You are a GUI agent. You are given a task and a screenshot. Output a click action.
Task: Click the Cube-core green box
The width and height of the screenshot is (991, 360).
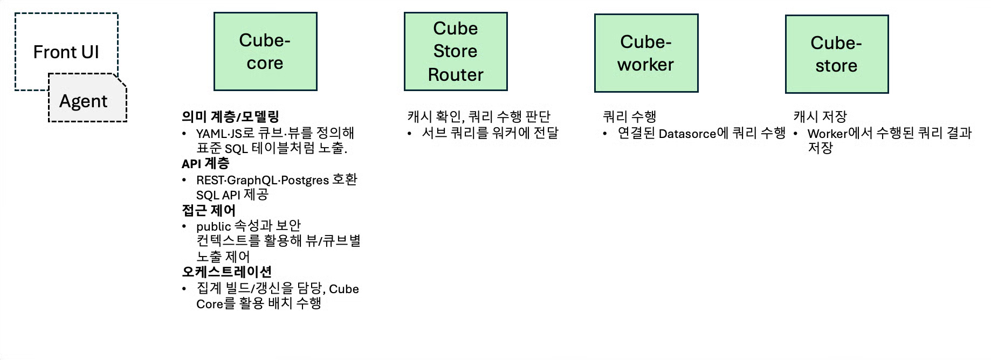click(265, 52)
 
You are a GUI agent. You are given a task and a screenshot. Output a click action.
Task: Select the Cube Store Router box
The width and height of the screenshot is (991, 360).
click(456, 52)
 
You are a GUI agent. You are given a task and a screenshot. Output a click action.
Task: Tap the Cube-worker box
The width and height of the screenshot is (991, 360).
click(646, 53)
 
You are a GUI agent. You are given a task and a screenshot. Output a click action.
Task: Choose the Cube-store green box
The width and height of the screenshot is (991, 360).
click(836, 54)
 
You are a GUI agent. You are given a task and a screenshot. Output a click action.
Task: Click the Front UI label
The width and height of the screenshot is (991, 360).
click(66, 52)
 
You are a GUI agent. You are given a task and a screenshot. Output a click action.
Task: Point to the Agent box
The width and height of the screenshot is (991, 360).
click(84, 101)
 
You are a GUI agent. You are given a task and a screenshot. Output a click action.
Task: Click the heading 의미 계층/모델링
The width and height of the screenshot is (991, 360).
click(230, 116)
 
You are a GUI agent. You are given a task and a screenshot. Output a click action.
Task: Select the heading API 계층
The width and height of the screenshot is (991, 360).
click(205, 163)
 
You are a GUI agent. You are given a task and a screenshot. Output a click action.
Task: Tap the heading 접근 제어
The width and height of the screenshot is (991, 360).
click(209, 210)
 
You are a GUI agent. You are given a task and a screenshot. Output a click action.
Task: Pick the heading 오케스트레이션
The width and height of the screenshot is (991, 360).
click(227, 272)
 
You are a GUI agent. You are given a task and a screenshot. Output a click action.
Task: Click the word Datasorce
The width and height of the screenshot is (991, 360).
click(687, 134)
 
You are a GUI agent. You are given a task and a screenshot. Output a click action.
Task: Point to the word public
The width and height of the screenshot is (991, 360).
click(214, 226)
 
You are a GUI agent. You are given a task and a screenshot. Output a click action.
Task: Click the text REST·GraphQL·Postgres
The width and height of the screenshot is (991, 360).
click(262, 180)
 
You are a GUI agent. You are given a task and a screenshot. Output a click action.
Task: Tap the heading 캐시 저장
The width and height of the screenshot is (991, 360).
click(820, 116)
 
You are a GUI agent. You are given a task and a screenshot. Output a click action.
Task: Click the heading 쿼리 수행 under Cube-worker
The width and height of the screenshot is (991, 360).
click(629, 116)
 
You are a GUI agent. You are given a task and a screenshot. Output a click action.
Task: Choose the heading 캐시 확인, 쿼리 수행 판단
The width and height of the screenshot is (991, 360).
click(479, 116)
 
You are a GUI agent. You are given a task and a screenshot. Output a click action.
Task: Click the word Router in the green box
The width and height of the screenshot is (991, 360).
click(456, 75)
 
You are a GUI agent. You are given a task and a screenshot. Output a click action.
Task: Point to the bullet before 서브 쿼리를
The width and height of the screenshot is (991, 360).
click(410, 133)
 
